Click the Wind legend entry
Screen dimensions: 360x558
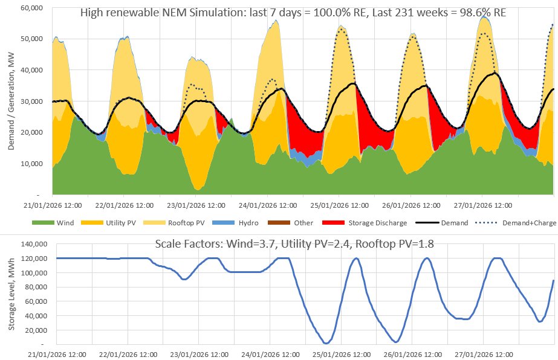65,222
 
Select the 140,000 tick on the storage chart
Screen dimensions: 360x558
40,243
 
